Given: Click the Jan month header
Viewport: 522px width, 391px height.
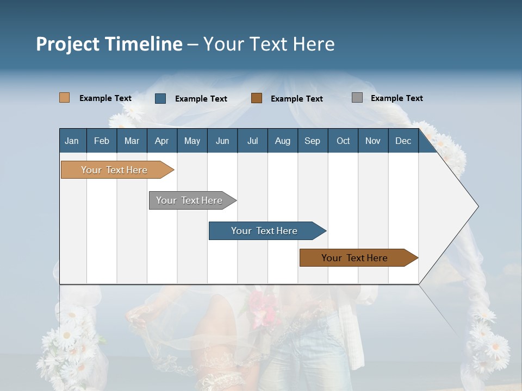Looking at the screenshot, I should [x=72, y=141].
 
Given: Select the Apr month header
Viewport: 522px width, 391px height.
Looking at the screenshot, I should [x=161, y=141].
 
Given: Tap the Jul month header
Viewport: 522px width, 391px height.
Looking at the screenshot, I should [x=252, y=141].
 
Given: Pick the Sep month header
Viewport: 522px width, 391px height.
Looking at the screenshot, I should [x=312, y=141].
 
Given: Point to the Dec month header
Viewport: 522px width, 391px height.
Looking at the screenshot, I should [x=403, y=141].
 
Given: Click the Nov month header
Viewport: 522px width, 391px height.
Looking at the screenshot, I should [x=372, y=141].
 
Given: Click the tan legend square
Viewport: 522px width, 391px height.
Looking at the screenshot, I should [x=64, y=98].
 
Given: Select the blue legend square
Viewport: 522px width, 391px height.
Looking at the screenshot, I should [x=160, y=98].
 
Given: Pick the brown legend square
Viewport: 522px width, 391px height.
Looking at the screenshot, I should [x=257, y=98].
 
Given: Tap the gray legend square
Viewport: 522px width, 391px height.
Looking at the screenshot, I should [x=357, y=98].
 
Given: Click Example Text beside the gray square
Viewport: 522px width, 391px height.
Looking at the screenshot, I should [x=396, y=98].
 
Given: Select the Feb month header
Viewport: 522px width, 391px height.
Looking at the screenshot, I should [x=101, y=141].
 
